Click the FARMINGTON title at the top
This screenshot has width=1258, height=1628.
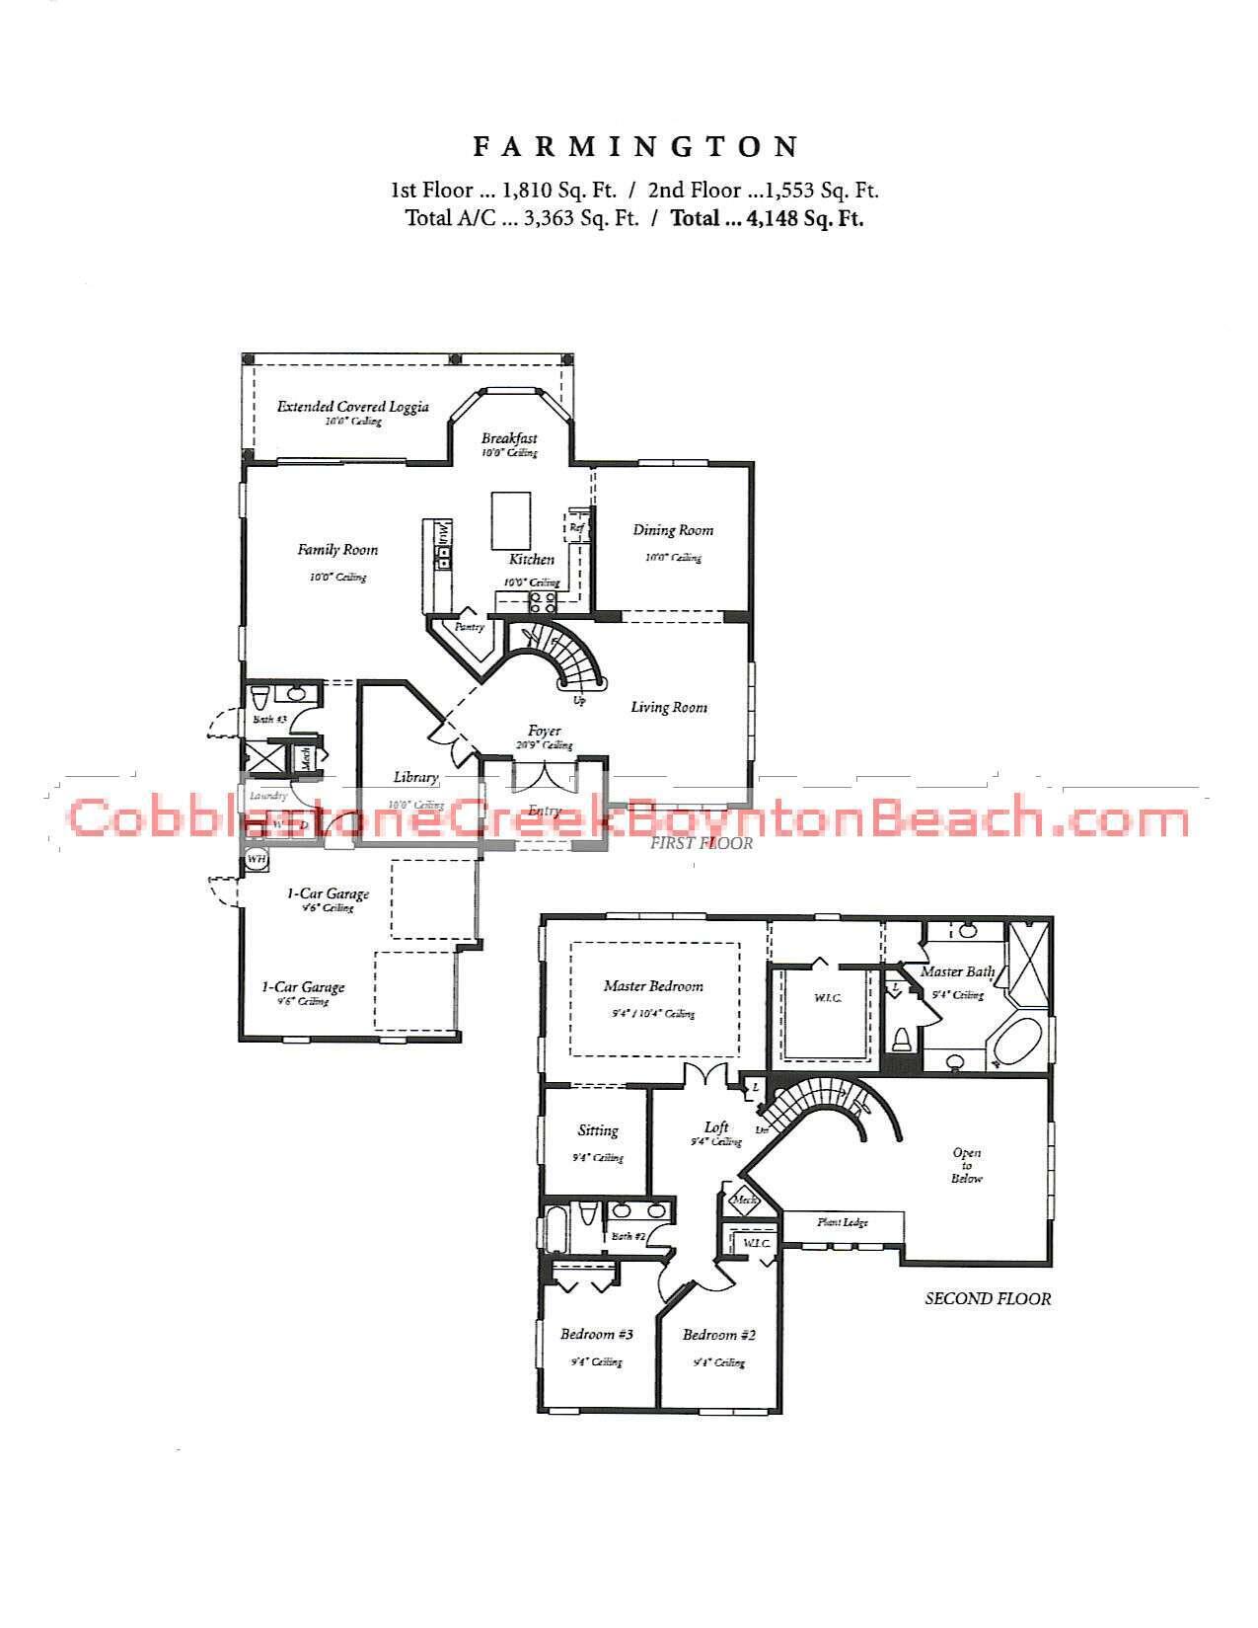[635, 148]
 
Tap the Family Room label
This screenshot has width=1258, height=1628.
[337, 550]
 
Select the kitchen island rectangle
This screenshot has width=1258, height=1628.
[510, 520]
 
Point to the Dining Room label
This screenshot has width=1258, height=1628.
[673, 530]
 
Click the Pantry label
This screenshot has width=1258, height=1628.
[469, 627]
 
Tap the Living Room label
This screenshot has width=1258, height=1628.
[669, 707]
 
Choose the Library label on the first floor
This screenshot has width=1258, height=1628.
[415, 777]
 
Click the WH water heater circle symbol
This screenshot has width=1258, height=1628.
[257, 859]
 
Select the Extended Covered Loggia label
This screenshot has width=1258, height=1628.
[352, 407]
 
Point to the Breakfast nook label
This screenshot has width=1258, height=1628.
[509, 438]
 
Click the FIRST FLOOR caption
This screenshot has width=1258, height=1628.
[701, 843]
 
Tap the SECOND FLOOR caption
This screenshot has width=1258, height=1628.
[988, 1299]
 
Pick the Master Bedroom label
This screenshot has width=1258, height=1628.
[653, 986]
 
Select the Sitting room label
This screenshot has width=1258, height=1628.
[598, 1130]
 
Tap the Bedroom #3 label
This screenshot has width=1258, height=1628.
[596, 1335]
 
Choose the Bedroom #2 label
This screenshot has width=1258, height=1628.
[719, 1336]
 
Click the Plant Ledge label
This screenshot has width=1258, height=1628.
[843, 1222]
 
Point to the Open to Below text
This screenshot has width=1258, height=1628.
[967, 1165]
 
